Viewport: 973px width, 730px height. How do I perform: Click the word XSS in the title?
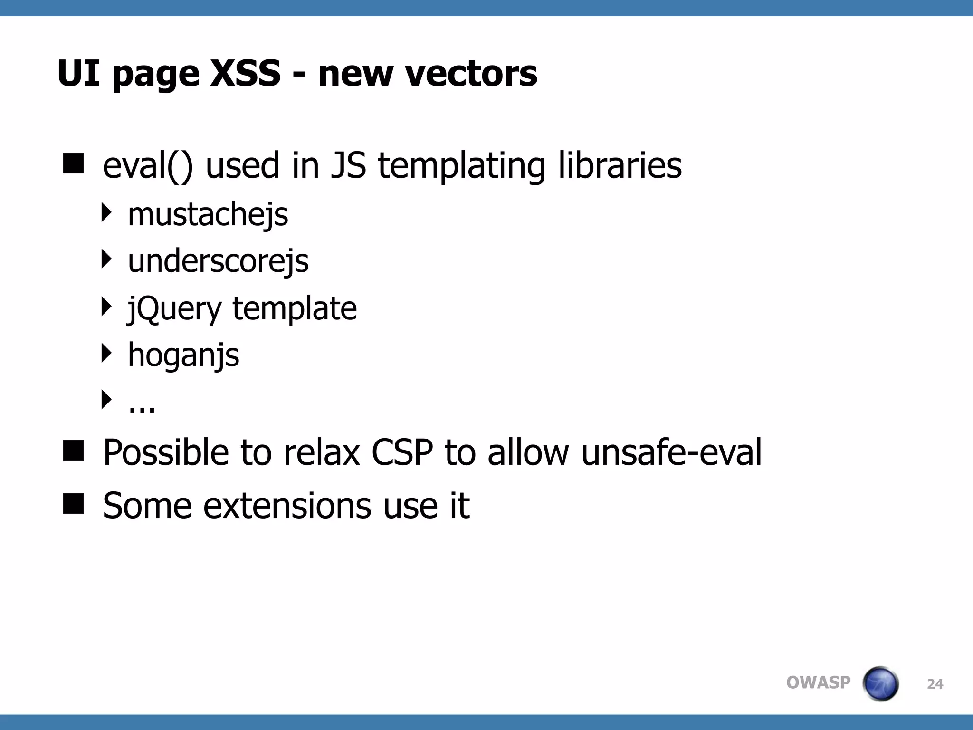pyautogui.click(x=245, y=74)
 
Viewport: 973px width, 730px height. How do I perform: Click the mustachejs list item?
pyautogui.click(x=208, y=215)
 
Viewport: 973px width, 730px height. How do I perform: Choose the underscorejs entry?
pyautogui.click(x=218, y=261)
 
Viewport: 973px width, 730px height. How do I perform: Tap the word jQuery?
pyautogui.click(x=174, y=309)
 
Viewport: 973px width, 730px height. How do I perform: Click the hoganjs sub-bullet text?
pyautogui.click(x=183, y=355)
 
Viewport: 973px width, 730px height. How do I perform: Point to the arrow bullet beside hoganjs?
pyautogui.click(x=106, y=353)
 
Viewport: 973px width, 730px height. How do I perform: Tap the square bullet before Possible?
pyautogui.click(x=73, y=450)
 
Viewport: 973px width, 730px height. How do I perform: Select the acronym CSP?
pyautogui.click(x=402, y=452)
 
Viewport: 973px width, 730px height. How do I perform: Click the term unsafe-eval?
pyautogui.click(x=671, y=452)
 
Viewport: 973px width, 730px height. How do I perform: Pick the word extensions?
pyautogui.click(x=287, y=505)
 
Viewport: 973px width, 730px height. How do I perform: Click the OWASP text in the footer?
pyautogui.click(x=818, y=682)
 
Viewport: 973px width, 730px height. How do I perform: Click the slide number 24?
pyautogui.click(x=935, y=684)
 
